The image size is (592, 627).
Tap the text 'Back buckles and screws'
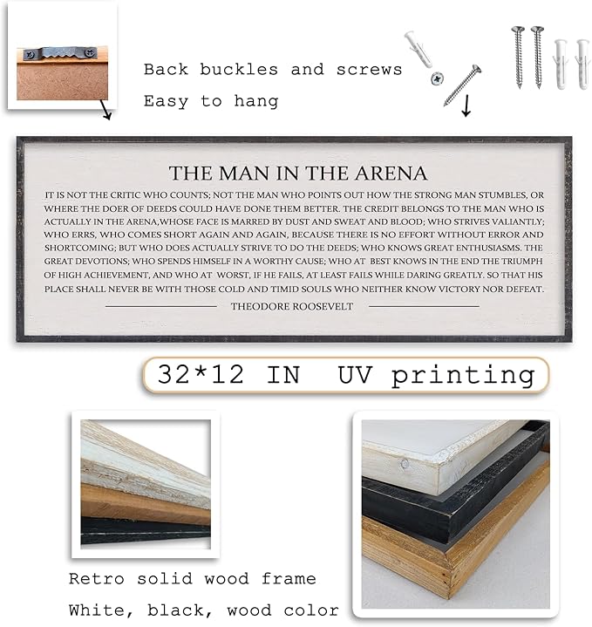273,70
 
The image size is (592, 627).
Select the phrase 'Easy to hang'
211,101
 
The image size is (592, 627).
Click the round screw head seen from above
434,79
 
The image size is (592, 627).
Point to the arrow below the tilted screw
465,107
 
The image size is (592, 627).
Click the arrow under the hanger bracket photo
105,112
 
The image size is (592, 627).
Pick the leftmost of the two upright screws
518,54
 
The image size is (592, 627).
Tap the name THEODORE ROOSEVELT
292,306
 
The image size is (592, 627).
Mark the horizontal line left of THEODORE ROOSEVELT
160,306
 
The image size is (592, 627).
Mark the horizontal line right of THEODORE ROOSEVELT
424,306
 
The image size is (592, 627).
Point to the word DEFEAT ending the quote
521,290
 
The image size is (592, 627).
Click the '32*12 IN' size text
228,375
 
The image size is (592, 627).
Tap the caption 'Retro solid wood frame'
193,578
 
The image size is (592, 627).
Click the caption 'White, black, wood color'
204,610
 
